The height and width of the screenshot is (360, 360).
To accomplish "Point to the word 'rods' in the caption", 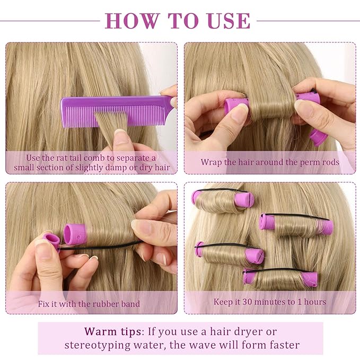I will point(329,162).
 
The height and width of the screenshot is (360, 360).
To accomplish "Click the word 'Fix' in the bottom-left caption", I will point(45,304).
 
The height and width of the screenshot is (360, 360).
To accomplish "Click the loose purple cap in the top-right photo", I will point(319,136).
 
